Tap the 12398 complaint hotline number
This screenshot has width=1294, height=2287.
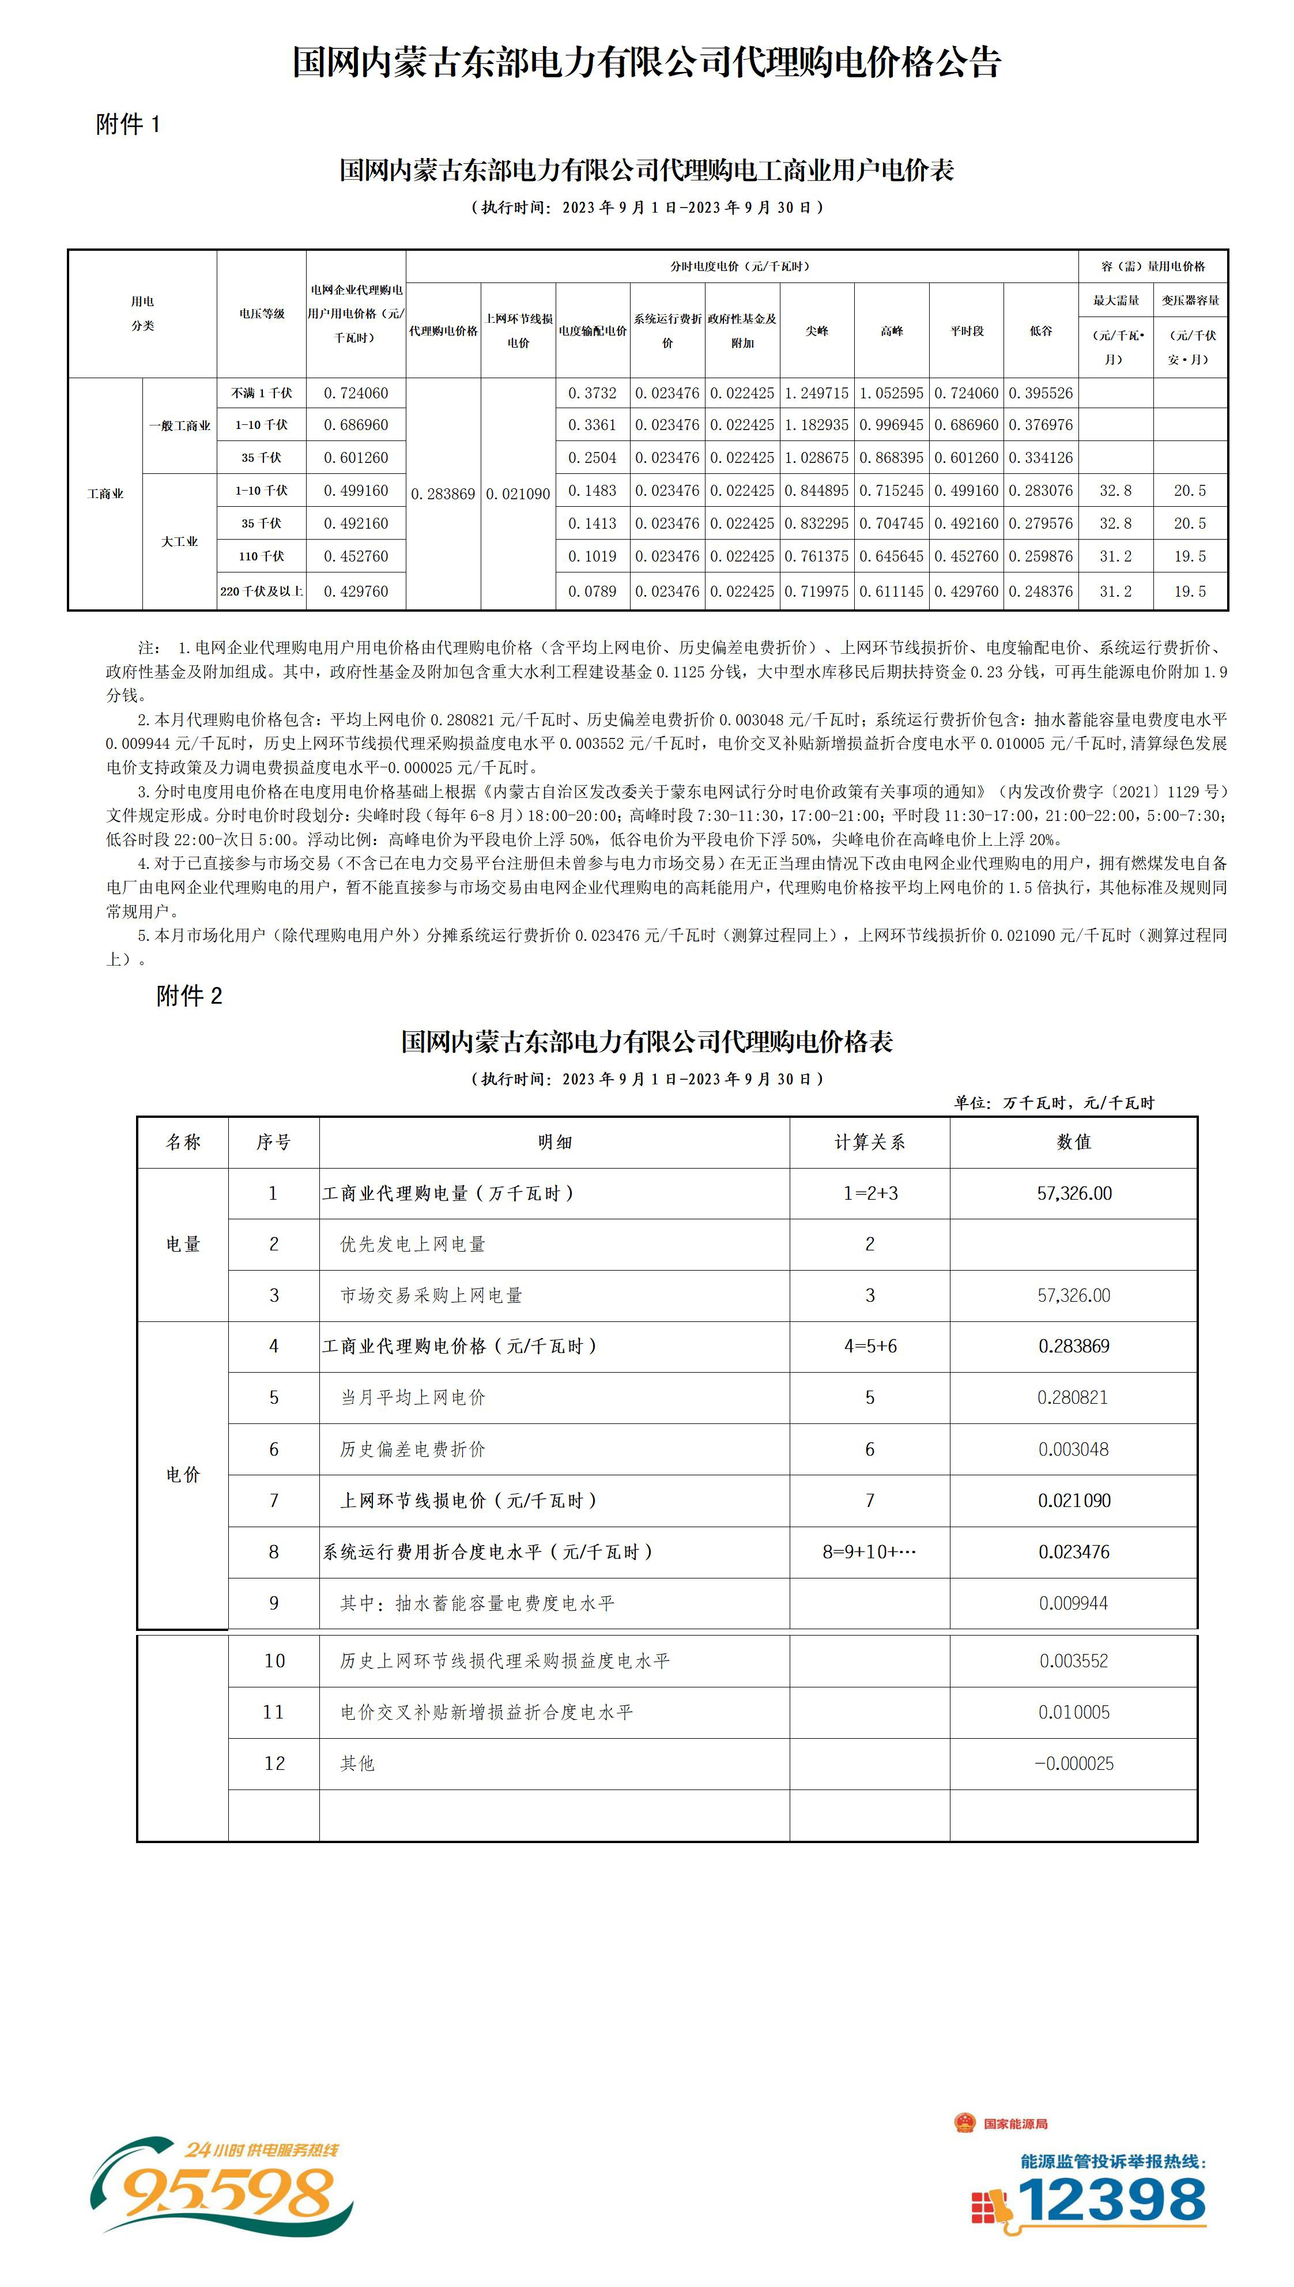[1111, 2201]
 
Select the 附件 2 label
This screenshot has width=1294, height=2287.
[189, 996]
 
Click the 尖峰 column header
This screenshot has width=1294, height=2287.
[817, 331]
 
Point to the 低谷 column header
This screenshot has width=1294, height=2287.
[1041, 331]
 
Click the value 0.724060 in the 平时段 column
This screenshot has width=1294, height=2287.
[966, 393]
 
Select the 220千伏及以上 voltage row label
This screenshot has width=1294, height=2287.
[261, 591]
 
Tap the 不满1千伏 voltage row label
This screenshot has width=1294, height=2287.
[261, 393]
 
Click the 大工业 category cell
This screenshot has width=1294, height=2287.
[179, 541]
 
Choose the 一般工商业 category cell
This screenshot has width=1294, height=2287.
[179, 426]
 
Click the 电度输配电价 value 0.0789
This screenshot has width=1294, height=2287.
[592, 591]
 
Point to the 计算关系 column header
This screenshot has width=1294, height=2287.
[869, 1142]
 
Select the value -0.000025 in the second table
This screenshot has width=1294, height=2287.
[1074, 1764]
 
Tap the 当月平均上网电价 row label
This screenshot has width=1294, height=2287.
[413, 1397]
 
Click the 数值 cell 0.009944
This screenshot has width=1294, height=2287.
[1074, 1603]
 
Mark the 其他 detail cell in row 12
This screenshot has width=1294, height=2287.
[358, 1764]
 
